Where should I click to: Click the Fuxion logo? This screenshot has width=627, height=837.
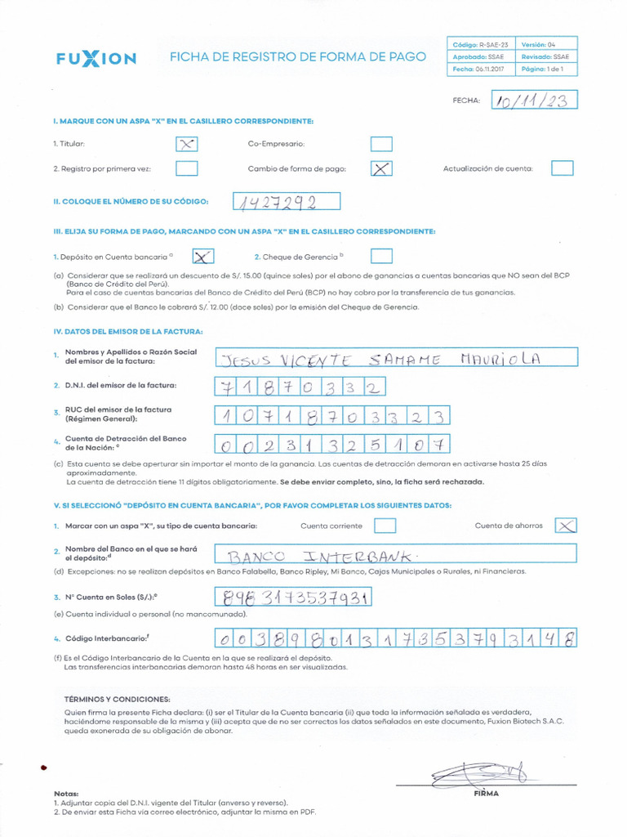click(96, 58)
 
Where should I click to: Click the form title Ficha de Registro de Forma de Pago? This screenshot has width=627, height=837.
click(297, 57)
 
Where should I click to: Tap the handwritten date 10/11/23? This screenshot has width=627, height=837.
click(535, 100)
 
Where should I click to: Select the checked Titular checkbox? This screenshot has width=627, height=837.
click(187, 144)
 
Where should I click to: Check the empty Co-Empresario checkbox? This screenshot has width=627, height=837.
click(380, 144)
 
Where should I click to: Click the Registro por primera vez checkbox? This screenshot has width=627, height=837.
click(187, 169)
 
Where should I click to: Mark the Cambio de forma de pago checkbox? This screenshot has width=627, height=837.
click(380, 169)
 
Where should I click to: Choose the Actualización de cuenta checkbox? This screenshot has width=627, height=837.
click(562, 168)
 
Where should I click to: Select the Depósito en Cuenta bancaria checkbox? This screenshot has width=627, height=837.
click(203, 256)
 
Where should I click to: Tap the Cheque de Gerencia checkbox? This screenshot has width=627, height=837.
click(380, 256)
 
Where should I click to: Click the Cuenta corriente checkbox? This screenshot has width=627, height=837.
click(385, 526)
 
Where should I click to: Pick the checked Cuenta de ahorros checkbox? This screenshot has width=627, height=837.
click(566, 526)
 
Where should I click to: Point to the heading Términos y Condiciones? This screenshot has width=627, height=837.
click(117, 700)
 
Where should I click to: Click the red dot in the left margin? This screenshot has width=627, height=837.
click(43, 767)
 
